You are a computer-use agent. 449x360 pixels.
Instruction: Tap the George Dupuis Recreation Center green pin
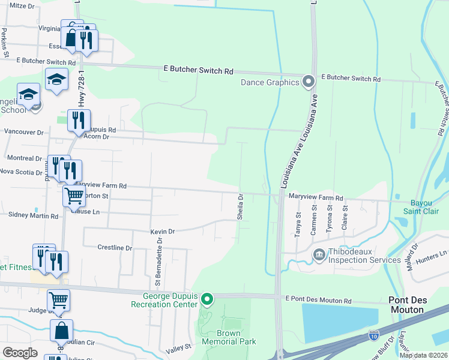pyautogui.click(x=207, y=299)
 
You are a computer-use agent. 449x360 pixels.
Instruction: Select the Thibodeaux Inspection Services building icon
pyautogui.click(x=318, y=255)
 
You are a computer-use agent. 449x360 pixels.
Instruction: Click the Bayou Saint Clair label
pyautogui.click(x=429, y=207)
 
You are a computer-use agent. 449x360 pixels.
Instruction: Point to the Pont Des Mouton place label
pyautogui.click(x=423, y=305)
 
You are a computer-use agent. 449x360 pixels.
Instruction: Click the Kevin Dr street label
pyautogui.click(x=162, y=231)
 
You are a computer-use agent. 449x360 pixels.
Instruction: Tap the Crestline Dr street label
pyautogui.click(x=114, y=247)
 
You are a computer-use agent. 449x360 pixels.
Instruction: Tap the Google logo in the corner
pyautogui.click(x=20, y=353)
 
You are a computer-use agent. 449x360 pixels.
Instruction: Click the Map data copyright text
pyautogui.click(x=423, y=355)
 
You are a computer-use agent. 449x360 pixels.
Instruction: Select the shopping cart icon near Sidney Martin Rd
pyautogui.click(x=74, y=196)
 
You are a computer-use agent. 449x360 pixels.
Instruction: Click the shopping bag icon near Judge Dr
pyautogui.click(x=61, y=331)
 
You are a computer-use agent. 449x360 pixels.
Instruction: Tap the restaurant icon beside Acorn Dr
pyautogui.click(x=79, y=121)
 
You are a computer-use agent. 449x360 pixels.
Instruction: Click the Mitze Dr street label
pyautogui.click(x=23, y=5)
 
